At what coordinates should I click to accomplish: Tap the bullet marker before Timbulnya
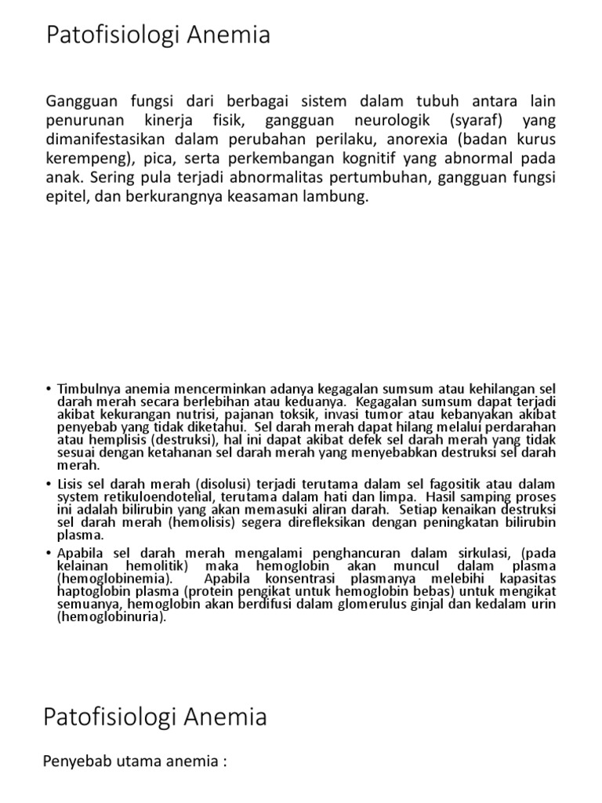click(49, 387)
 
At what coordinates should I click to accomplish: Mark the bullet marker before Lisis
click(49, 484)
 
